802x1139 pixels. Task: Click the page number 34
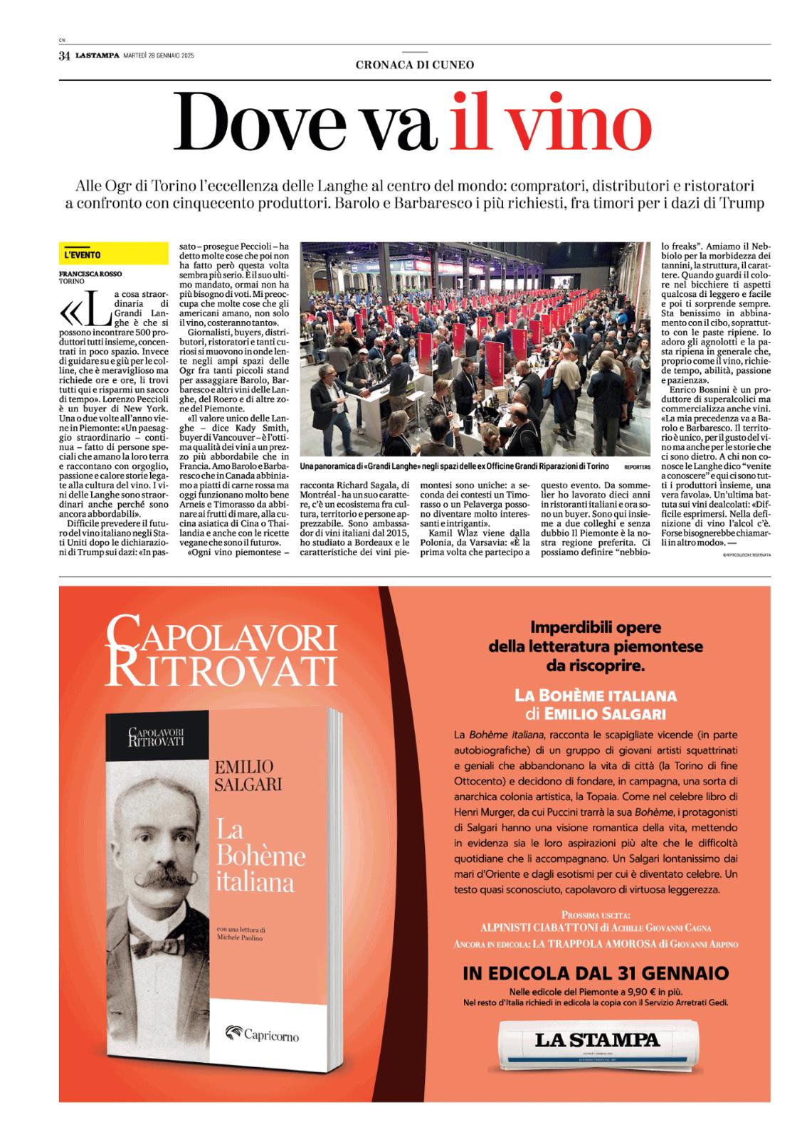tap(64, 56)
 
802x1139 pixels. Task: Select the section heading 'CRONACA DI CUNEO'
tap(415, 65)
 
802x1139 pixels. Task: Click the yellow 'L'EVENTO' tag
tap(83, 255)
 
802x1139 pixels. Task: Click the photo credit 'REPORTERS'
tap(637, 466)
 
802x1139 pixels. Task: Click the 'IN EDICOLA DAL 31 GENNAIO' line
tap(596, 973)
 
